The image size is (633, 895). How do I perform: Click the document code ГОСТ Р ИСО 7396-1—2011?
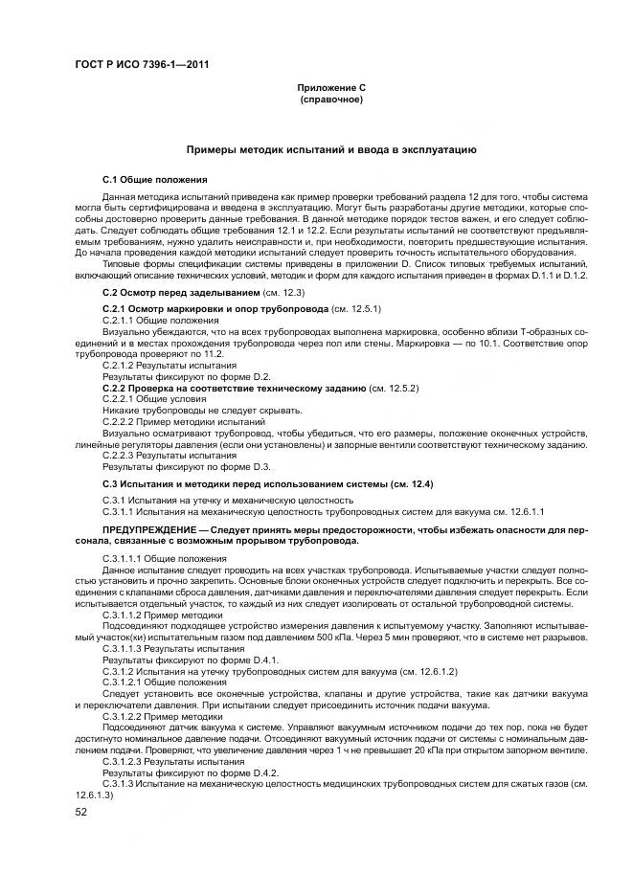click(x=142, y=65)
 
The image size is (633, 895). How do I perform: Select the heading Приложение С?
click(x=331, y=88)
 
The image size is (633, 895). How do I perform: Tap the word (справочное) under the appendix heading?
click(x=331, y=100)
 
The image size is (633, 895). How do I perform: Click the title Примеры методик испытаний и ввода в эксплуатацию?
click(x=330, y=150)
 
